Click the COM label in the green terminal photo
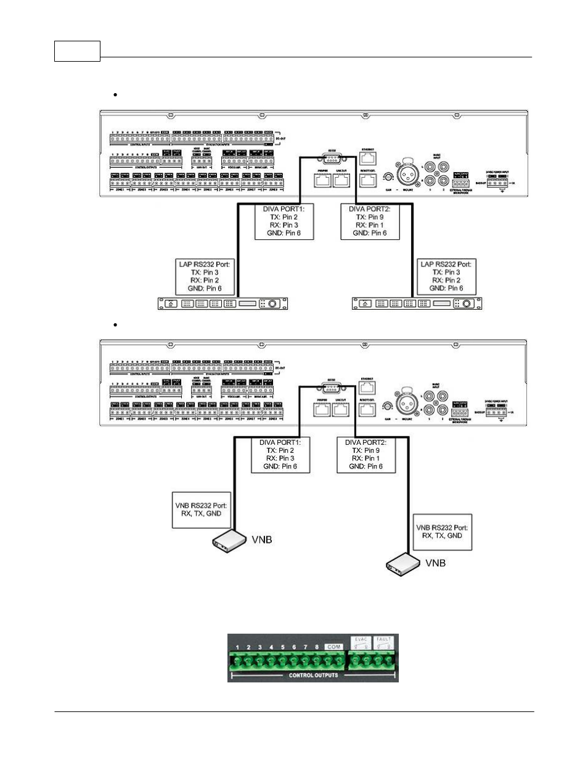coord(333,647)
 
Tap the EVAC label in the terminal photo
coord(361,640)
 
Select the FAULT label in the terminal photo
coord(384,640)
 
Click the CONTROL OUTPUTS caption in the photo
coord(313,675)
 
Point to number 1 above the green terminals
coord(237,647)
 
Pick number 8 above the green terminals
coord(317,647)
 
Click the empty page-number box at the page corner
coord(77,51)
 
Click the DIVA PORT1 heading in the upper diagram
coord(284,209)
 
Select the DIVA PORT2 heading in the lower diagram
coord(365,442)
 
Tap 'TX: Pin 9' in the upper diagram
coord(370,217)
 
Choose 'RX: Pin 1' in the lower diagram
coord(365,458)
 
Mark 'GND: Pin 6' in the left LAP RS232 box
coord(204,288)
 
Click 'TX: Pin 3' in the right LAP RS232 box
coord(446,272)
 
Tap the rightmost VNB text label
coord(435,563)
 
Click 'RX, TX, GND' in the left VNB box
coord(202,513)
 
